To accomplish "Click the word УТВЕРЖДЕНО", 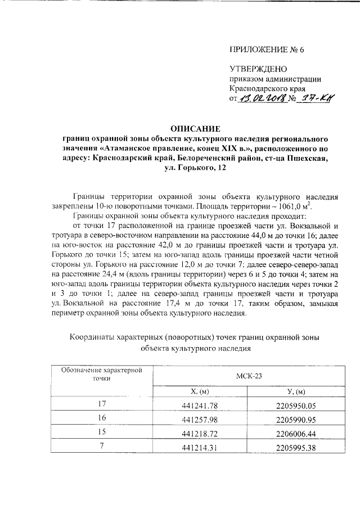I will pyautogui.click(x=258, y=69).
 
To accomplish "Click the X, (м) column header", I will pyautogui.click(x=200, y=391).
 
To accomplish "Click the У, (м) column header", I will pyautogui.click(x=296, y=391).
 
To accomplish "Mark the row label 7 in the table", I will pyautogui.click(x=101, y=447).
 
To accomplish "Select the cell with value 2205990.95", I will pyautogui.click(x=296, y=420).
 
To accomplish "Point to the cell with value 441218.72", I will pyautogui.click(x=200, y=434).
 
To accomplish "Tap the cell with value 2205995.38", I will pyautogui.click(x=296, y=448).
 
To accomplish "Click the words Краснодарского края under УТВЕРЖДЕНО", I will pyautogui.click(x=267, y=89).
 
